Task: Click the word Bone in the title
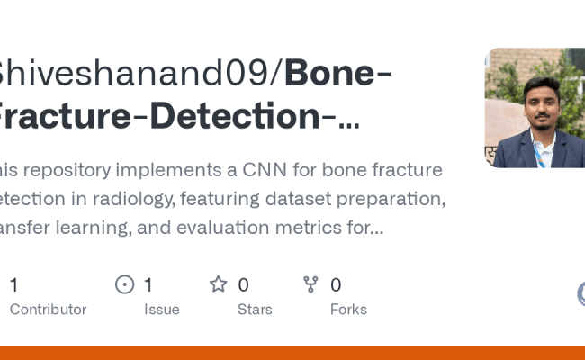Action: coord(329,72)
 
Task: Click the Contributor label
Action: coord(48,309)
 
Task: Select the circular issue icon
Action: coord(125,284)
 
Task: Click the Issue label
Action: coord(162,309)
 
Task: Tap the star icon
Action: coord(218,284)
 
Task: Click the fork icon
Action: coord(311,284)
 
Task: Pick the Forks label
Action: coord(348,309)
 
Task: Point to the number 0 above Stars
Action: coord(243,285)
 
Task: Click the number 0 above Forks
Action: coord(336,285)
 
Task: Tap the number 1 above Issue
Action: coord(148,285)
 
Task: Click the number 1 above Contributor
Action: coord(13,285)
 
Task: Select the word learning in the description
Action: coord(103,227)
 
